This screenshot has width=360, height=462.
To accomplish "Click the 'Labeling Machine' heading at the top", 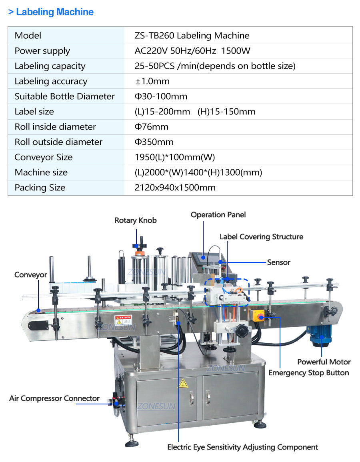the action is (x=54, y=12).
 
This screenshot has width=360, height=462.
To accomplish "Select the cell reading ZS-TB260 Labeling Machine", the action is (x=192, y=36).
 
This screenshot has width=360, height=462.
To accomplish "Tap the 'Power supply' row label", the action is (x=42, y=51).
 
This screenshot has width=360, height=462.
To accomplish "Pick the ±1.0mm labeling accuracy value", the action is (x=152, y=81).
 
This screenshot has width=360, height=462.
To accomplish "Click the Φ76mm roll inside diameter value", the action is (x=152, y=127).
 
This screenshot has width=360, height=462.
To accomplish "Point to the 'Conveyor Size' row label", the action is (x=43, y=157).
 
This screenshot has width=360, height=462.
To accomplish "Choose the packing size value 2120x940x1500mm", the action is (x=175, y=188).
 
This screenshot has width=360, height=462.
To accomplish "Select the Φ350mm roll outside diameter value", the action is (x=154, y=142).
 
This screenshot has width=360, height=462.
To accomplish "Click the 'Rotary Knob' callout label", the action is (x=136, y=220).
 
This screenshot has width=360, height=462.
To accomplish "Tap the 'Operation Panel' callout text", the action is (x=218, y=215).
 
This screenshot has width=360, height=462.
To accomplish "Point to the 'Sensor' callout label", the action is (x=278, y=262).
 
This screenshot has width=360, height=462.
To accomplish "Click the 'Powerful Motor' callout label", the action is (x=324, y=362).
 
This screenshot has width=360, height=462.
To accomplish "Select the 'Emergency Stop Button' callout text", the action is (x=308, y=373).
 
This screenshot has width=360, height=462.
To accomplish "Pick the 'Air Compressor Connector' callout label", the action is (x=54, y=398).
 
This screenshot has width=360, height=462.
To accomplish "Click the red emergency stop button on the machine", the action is (x=260, y=317).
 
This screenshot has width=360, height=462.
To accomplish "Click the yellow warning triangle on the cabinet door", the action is (x=183, y=383).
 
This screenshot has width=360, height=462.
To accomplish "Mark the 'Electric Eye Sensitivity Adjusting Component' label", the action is (x=242, y=447).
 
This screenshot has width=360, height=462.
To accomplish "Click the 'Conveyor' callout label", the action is (x=31, y=275).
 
